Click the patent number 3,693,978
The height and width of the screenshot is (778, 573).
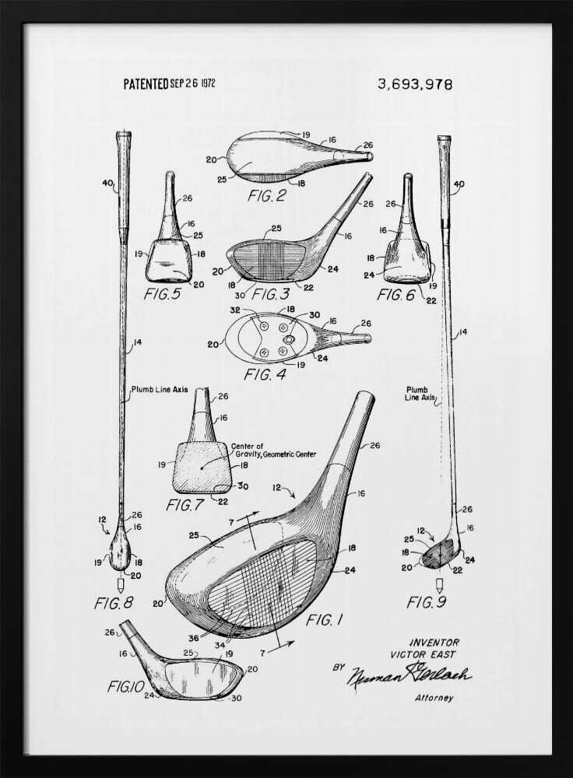point(415,84)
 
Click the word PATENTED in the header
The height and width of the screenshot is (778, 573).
point(146,84)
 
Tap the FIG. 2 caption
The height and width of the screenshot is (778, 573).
point(266,196)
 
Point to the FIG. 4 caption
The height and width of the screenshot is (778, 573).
point(265,374)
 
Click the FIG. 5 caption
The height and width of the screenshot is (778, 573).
point(163,294)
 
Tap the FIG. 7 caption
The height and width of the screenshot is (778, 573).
point(185,504)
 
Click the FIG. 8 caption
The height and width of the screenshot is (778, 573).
point(114,602)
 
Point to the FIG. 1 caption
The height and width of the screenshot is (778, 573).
point(324,619)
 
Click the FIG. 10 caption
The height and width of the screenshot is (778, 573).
point(123,686)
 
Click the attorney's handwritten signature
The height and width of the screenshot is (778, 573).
point(409,675)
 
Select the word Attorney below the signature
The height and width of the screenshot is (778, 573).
point(434,698)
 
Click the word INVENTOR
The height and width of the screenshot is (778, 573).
point(434,643)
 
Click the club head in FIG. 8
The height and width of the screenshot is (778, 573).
point(120,552)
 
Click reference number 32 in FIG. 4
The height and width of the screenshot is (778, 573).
point(234,309)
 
